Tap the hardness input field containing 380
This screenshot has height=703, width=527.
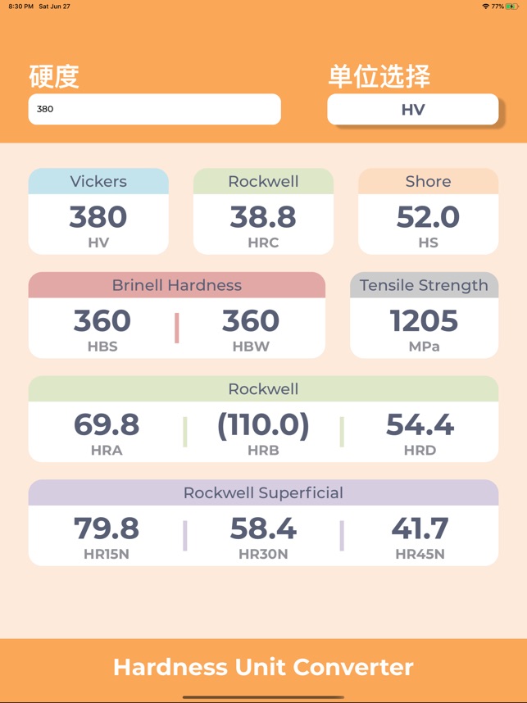pos(154,109)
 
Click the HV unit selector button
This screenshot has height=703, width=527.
pos(413,110)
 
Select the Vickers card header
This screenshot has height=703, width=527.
pos(98,181)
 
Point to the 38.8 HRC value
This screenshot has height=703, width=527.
pos(263,217)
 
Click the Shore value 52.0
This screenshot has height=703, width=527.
pos(428,217)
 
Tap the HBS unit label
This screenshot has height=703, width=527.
pos(102,347)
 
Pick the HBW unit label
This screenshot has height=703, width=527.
pos(251,347)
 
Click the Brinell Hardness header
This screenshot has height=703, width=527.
pos(177,285)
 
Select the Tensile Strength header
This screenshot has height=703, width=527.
pos(424,285)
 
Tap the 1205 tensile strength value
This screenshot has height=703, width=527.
pos(424,321)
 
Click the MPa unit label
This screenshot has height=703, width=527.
pos(424,347)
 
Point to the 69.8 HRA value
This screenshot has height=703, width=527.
pos(107,424)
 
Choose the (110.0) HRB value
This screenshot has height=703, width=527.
pos(263,424)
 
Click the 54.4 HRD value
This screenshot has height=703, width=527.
pos(420,424)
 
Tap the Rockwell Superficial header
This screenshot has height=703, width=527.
pos(263,492)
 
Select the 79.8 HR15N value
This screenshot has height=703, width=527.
pos(107,528)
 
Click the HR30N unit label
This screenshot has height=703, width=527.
pos(263,554)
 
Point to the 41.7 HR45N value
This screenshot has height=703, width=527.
pos(420,528)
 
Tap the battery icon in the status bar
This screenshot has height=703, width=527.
pos(512,6)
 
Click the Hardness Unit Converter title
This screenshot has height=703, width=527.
pos(263,667)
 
